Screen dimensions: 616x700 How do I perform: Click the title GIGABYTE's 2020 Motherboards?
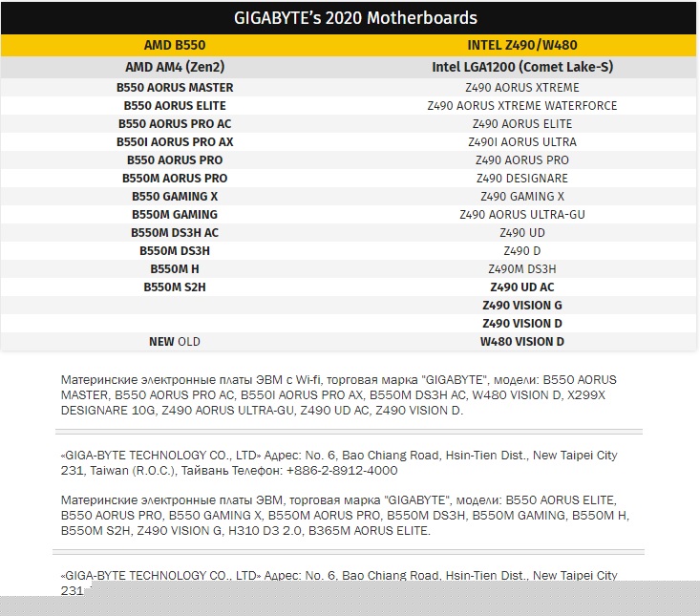[355, 18]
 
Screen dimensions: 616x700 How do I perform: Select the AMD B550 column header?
[175, 45]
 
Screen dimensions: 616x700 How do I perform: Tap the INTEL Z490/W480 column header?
[522, 45]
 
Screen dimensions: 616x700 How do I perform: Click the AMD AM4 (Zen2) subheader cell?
[175, 68]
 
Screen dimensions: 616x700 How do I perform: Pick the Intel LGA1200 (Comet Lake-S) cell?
[522, 68]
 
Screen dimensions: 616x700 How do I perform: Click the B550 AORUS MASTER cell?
[175, 87]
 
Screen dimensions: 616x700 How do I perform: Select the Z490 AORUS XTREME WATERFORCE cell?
[522, 105]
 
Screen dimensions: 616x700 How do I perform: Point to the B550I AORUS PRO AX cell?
[175, 141]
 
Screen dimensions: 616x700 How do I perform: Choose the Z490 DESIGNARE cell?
[522, 178]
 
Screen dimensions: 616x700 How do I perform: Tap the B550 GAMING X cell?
[175, 196]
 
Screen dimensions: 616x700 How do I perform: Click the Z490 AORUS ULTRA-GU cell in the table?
[522, 214]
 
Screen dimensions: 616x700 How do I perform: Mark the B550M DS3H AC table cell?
[175, 232]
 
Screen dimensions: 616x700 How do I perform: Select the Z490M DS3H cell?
[522, 268]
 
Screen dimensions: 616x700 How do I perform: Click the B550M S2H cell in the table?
[175, 287]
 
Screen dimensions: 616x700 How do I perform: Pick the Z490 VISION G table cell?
[522, 305]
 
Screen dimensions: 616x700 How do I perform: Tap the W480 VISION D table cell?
[522, 341]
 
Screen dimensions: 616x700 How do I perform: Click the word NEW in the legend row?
[161, 341]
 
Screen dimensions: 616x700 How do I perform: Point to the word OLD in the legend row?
[189, 341]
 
